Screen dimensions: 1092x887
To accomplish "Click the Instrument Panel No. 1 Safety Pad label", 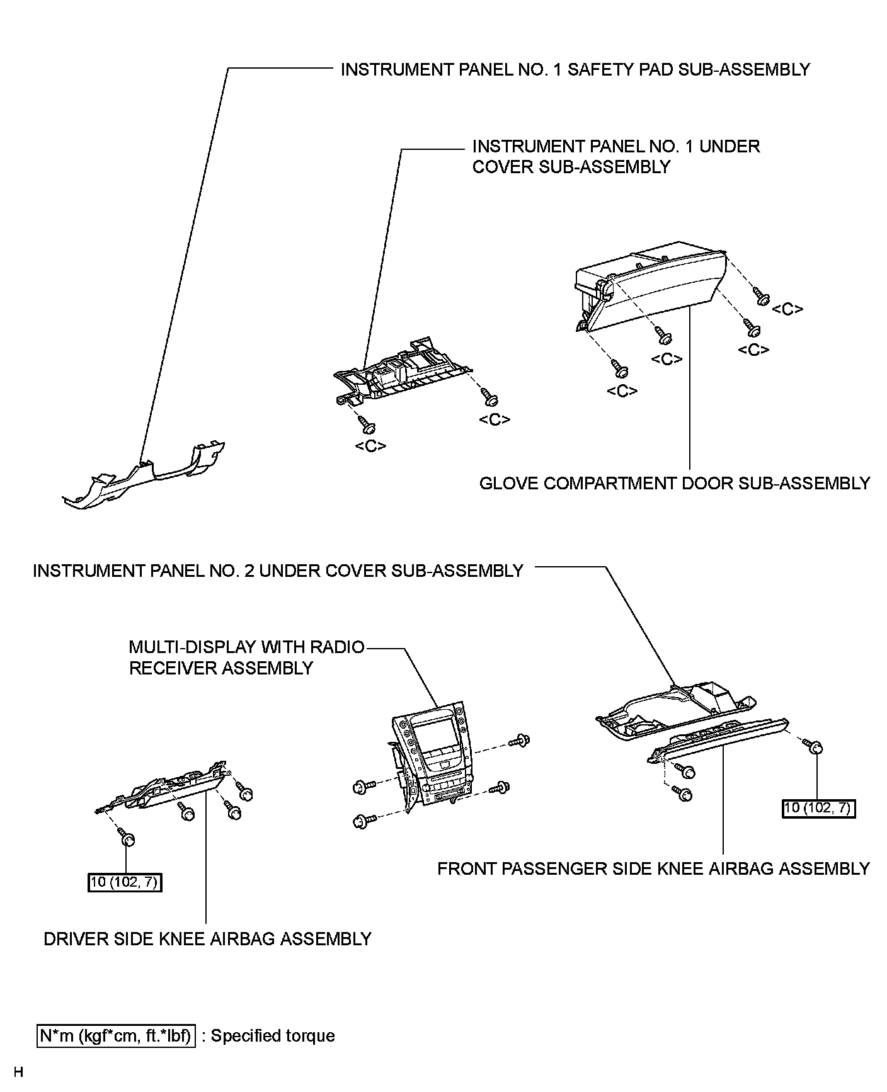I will (x=575, y=69).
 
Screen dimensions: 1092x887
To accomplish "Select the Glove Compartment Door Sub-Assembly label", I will (x=674, y=483).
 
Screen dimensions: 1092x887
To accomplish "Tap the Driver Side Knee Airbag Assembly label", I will (x=207, y=939).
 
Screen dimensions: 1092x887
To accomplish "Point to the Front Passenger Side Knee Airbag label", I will (x=653, y=868).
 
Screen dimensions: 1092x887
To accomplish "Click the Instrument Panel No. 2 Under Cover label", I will (x=278, y=571).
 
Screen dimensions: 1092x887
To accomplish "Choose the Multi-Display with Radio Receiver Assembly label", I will (x=246, y=657).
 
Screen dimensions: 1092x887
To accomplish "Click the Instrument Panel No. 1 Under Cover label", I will (x=615, y=156).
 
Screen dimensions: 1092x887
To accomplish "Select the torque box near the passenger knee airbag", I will (x=818, y=807).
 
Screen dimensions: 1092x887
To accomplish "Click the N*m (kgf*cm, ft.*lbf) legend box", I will (x=117, y=1035).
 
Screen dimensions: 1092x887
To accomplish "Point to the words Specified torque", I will (x=272, y=1036).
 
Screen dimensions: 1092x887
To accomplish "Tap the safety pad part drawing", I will (x=145, y=475).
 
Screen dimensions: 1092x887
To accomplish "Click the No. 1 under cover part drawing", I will (x=403, y=372).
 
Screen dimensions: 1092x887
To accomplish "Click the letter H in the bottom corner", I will (x=18, y=1072).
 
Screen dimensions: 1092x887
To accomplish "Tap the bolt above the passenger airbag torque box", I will (x=815, y=748).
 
